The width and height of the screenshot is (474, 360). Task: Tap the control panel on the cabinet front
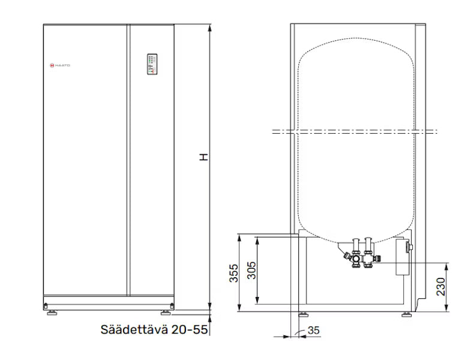(x=152, y=65)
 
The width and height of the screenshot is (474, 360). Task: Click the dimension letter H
(x=204, y=157)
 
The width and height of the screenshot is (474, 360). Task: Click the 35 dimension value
(x=314, y=331)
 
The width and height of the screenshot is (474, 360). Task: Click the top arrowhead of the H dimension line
(x=210, y=27)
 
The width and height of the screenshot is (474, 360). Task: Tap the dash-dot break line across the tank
(x=354, y=131)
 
